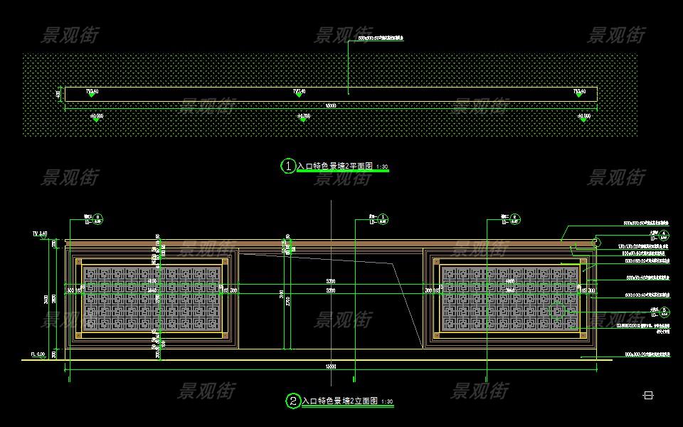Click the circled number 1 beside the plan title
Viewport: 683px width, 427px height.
pos(289,166)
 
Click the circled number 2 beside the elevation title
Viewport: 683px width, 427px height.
pos(293,401)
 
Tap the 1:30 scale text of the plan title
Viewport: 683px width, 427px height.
pos(382,167)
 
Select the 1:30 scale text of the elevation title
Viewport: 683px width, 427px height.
pos(387,402)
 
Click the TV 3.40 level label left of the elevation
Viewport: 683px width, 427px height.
pos(39,233)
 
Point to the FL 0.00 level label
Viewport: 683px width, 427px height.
pos(38,354)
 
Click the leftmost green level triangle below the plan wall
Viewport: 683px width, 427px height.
pos(96,120)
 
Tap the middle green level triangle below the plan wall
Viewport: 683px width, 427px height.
pos(303,120)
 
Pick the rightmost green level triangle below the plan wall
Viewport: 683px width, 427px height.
pos(583,120)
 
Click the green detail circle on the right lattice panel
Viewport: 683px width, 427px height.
pos(558,310)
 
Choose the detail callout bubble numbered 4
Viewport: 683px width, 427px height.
pos(664,233)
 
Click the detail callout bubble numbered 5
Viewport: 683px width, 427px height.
pos(664,310)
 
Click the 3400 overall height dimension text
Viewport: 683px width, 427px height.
pos(46,299)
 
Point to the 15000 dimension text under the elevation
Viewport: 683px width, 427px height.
pos(331,367)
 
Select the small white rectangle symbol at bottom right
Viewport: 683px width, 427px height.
pos(648,395)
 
